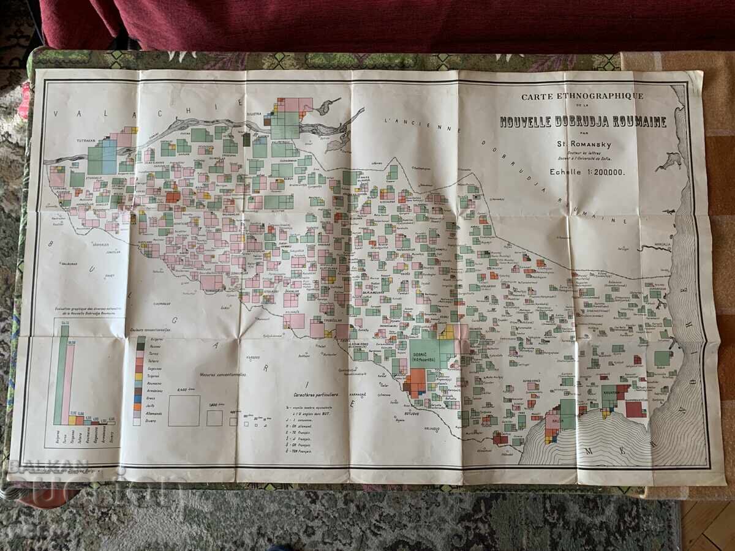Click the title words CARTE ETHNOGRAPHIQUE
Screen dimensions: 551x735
(582, 96)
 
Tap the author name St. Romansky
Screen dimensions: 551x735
(583, 144)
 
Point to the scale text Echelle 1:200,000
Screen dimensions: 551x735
(587, 172)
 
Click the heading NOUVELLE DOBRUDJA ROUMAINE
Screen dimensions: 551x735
(583, 121)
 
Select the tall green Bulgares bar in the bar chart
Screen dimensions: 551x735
(65, 375)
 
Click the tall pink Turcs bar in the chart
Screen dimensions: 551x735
(71, 383)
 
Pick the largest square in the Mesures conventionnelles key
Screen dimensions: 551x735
(184, 410)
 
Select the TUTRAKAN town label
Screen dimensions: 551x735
(86, 140)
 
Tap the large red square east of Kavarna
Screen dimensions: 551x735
(635, 408)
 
